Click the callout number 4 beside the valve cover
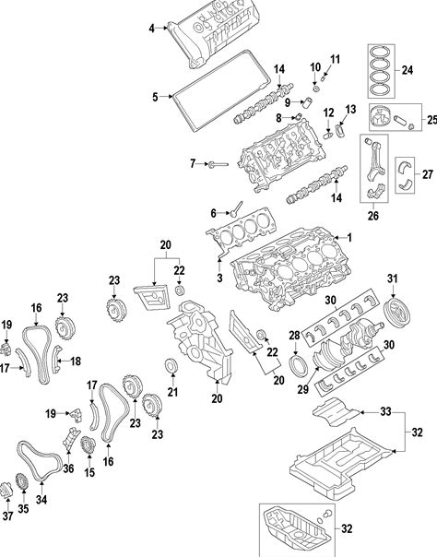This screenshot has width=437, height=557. (x=151, y=29)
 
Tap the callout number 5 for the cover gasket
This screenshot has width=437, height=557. (x=155, y=97)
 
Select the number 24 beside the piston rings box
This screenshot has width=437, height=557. (x=407, y=70)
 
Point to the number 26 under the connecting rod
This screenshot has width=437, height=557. (x=373, y=215)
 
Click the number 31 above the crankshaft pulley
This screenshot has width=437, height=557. (x=392, y=278)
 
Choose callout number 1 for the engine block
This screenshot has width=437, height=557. (x=349, y=238)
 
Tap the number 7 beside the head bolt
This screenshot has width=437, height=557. (x=193, y=164)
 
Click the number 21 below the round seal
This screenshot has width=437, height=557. (x=173, y=392)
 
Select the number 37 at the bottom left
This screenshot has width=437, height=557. (x=7, y=516)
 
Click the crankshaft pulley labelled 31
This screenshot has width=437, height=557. (x=397, y=313)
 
